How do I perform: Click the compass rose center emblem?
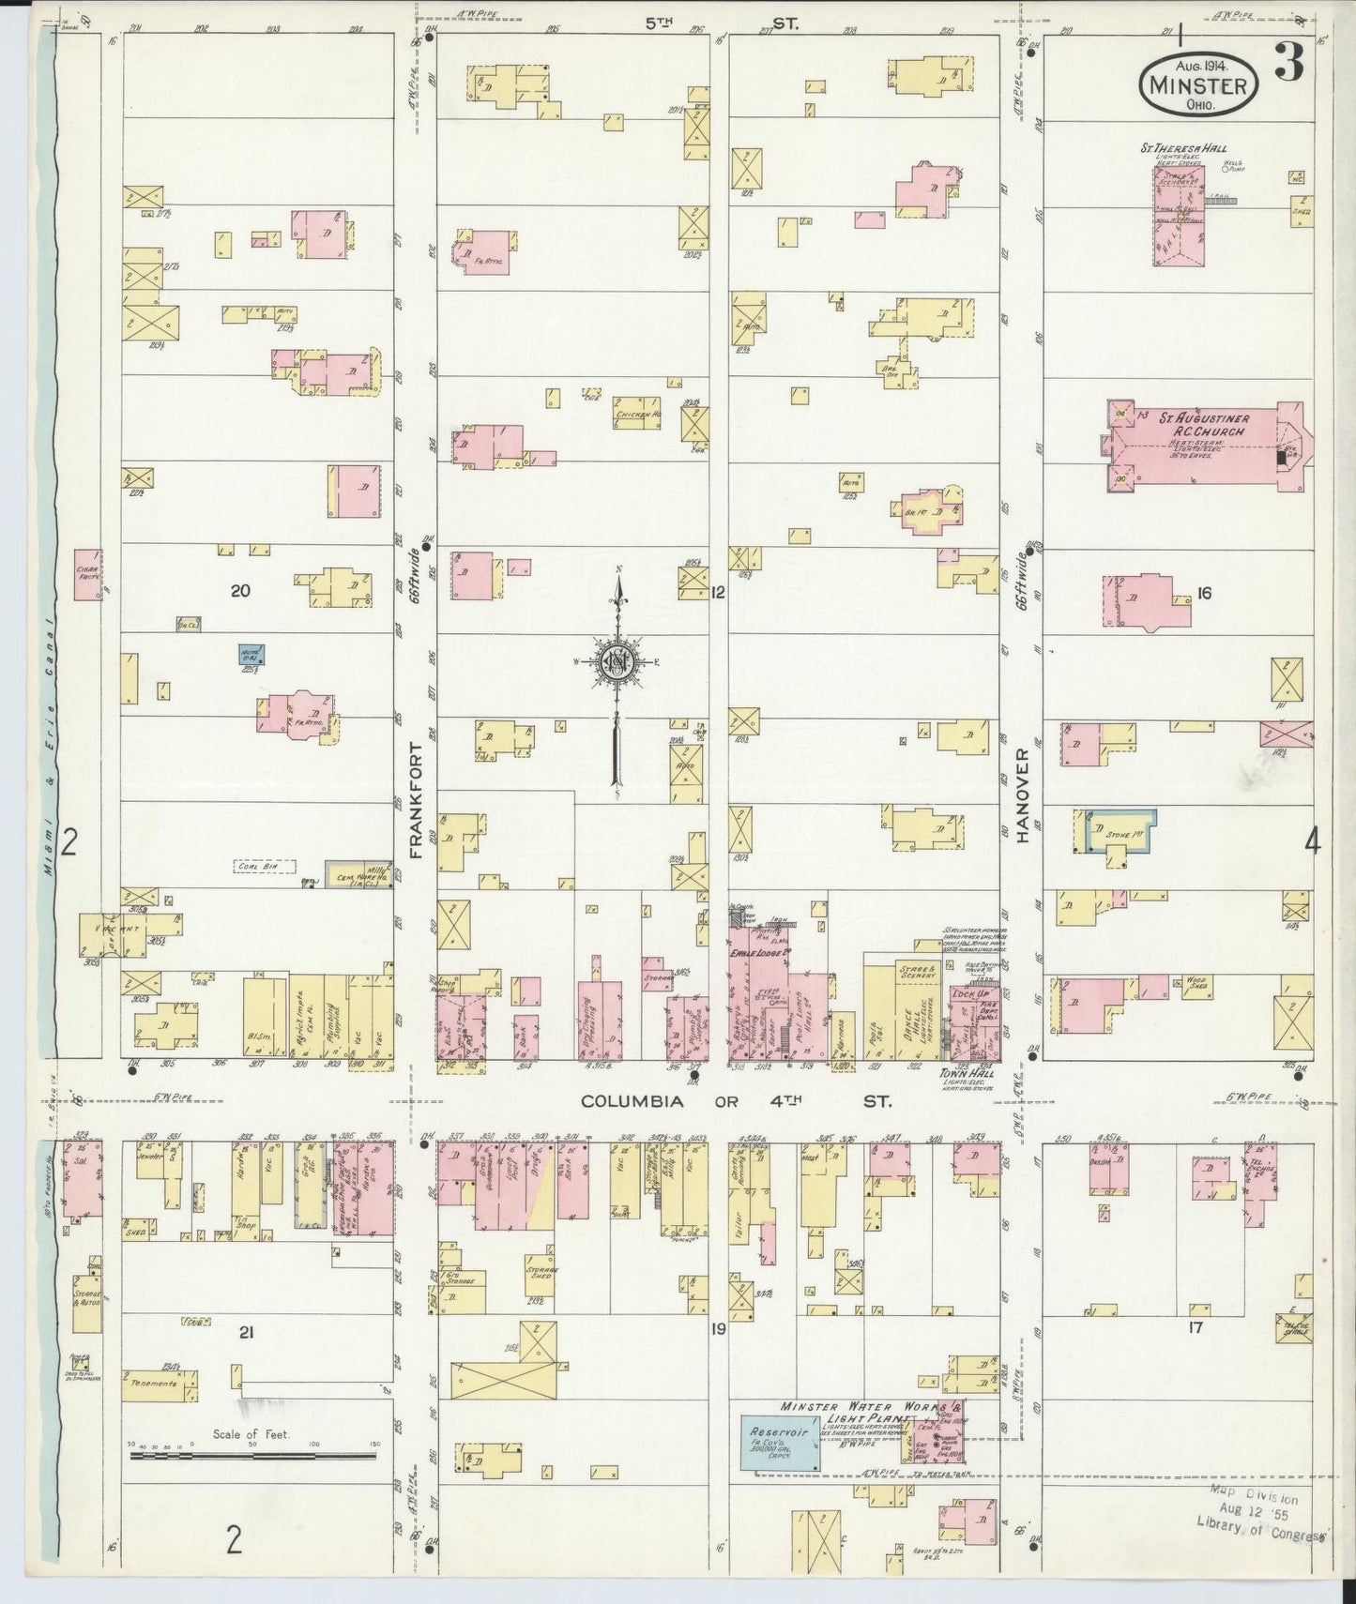pos(618,661)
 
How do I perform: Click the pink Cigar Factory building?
pos(88,574)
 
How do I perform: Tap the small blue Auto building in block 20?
pos(251,654)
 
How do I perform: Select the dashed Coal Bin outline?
pos(266,867)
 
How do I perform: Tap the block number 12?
pos(719,592)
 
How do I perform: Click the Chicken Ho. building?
pos(639,415)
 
